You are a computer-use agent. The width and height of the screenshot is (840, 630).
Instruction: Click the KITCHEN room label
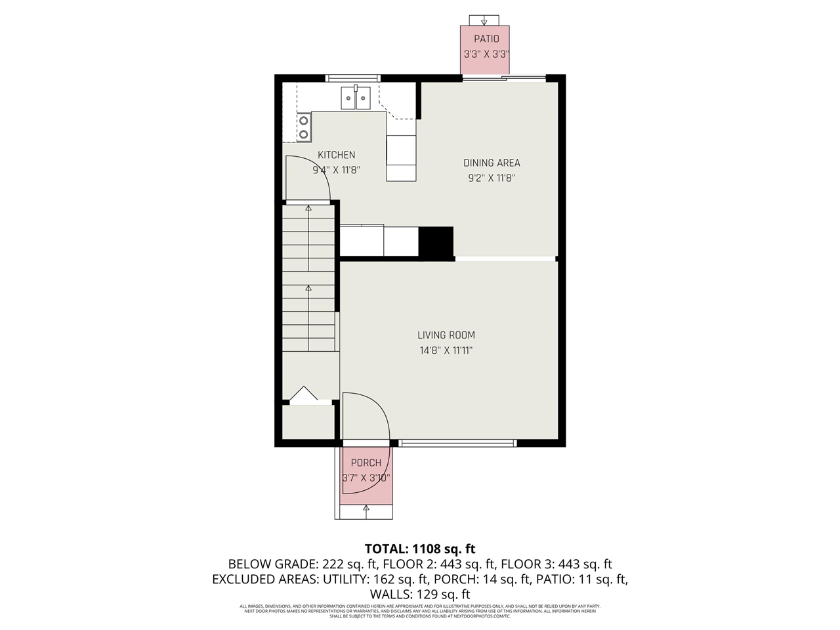(336, 155)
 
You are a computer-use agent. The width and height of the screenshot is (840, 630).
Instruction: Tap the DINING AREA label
(492, 163)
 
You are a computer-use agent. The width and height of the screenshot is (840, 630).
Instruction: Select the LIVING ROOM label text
(446, 335)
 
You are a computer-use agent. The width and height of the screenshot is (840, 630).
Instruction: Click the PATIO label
(486, 39)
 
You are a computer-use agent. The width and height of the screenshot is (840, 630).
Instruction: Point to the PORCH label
(366, 463)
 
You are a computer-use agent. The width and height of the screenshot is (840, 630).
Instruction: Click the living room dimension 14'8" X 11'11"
(446, 350)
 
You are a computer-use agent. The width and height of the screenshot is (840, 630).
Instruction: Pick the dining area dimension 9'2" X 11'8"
(492, 178)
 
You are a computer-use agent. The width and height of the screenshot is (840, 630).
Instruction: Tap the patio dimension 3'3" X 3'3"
(486, 54)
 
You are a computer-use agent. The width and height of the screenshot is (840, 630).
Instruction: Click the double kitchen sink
(356, 98)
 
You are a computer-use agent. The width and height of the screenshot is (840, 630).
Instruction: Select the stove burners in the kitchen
(303, 127)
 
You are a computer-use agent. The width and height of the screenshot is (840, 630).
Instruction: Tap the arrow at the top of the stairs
(308, 209)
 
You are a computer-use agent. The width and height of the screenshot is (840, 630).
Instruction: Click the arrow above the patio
(485, 20)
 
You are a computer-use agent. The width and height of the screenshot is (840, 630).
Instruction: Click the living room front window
(457, 443)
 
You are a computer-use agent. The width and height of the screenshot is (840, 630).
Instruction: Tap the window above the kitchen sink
(353, 78)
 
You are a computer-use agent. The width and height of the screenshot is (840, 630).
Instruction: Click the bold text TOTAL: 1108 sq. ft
(420, 549)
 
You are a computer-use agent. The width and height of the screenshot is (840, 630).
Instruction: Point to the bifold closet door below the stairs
(303, 394)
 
